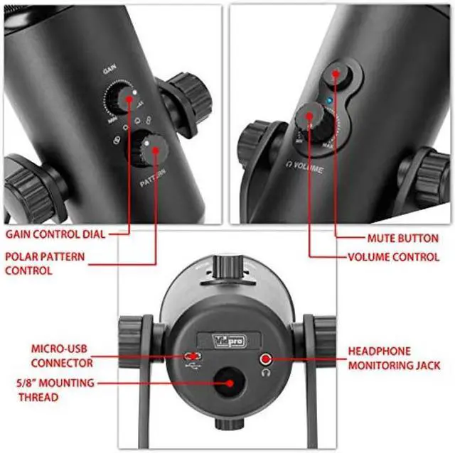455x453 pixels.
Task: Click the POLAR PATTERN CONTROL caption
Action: pyautogui.click(x=44, y=263)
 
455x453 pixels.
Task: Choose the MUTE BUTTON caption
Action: pyautogui.click(x=403, y=238)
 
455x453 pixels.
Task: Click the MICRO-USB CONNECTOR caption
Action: pyautogui.click(x=62, y=356)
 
